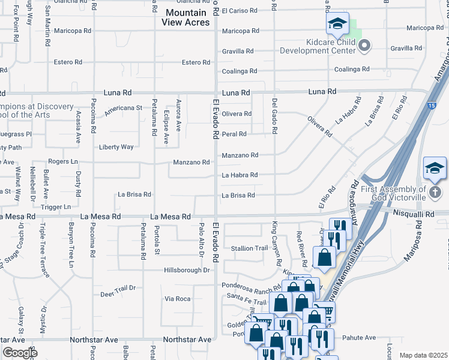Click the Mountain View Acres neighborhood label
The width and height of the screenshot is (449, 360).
coord(186,17)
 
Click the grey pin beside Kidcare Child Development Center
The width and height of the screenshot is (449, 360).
coord(364,45)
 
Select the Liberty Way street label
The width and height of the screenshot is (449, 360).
coord(116,147)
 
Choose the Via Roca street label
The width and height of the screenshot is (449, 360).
coord(178,298)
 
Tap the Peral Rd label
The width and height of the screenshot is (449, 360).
coord(234,134)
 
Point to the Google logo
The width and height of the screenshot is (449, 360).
coord(20,353)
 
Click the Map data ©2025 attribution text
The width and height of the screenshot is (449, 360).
coord(423,355)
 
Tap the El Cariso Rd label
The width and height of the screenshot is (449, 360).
coord(239,11)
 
